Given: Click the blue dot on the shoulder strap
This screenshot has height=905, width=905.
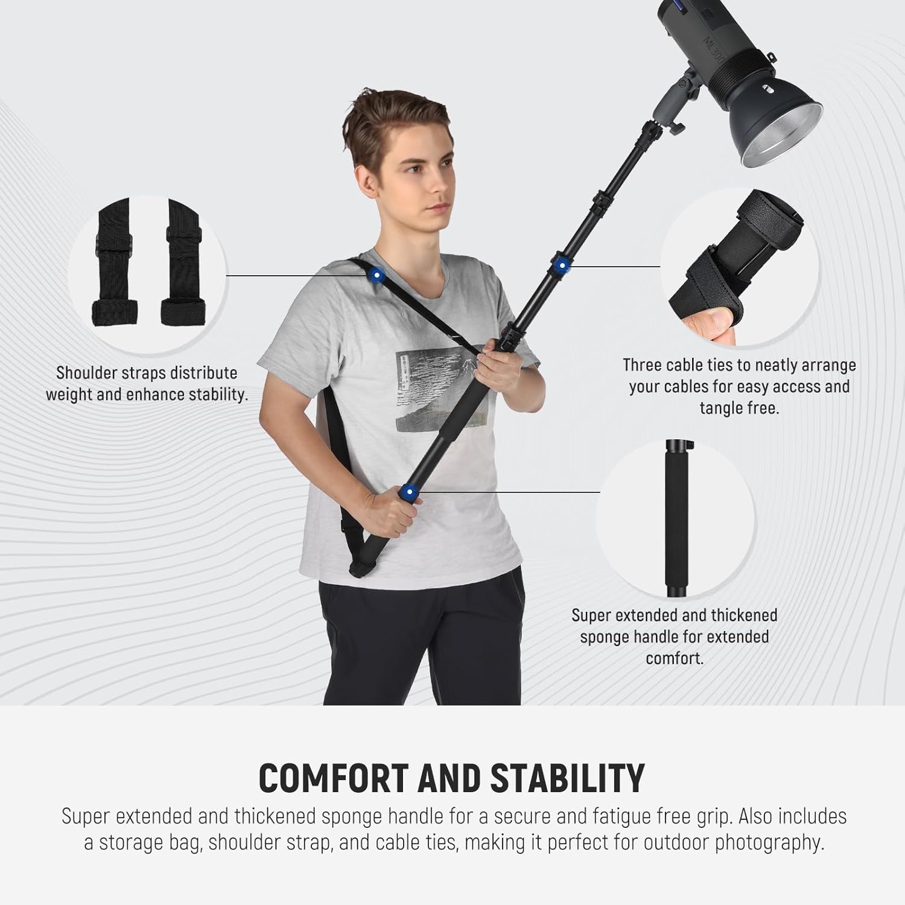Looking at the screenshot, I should point(376,275).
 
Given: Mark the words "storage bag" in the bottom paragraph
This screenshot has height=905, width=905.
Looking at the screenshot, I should point(151,842).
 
